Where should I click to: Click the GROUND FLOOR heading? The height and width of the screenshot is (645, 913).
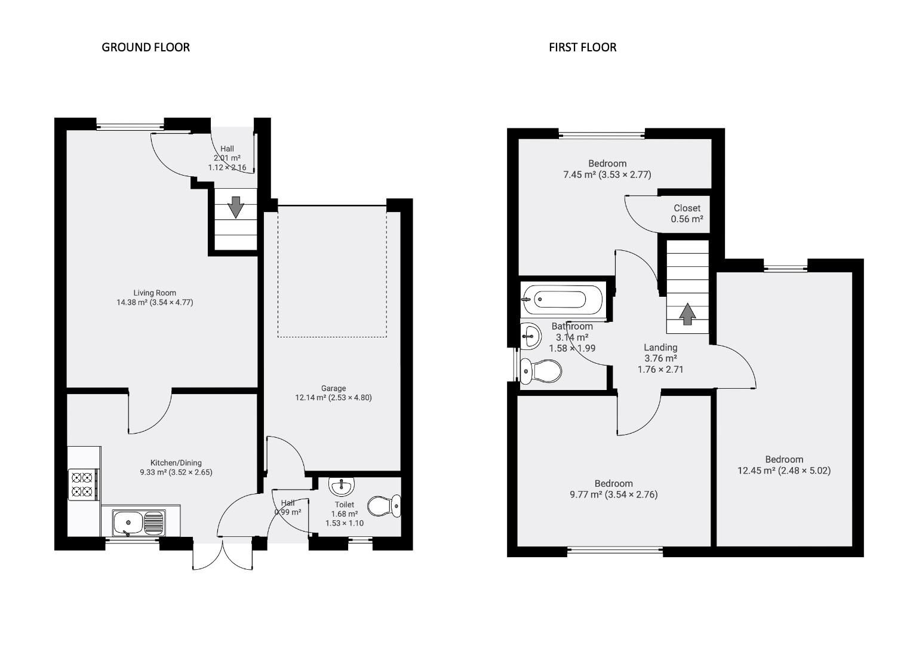click(146, 47)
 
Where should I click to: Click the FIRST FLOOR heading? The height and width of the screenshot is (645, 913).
click(582, 47)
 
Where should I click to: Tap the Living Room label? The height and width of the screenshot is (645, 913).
click(155, 293)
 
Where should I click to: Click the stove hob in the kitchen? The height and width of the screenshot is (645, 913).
click(82, 484)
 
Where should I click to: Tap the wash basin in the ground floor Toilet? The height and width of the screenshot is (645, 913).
click(342, 486)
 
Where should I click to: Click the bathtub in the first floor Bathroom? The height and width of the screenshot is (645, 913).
click(563, 299)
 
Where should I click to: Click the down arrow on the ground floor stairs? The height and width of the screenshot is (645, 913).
click(236, 207)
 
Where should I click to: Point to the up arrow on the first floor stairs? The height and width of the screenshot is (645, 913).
click(687, 314)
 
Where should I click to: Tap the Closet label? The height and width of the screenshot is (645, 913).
click(687, 208)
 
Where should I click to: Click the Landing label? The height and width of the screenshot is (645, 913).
click(660, 348)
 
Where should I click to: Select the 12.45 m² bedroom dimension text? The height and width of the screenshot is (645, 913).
click(783, 471)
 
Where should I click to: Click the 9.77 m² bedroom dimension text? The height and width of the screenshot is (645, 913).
click(613, 494)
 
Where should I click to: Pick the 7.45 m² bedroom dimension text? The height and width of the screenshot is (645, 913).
click(607, 175)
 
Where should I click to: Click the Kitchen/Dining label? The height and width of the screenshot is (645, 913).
click(176, 462)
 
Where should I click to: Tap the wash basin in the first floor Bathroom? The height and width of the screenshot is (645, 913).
click(530, 336)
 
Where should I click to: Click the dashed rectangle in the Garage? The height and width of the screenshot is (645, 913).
click(331, 272)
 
